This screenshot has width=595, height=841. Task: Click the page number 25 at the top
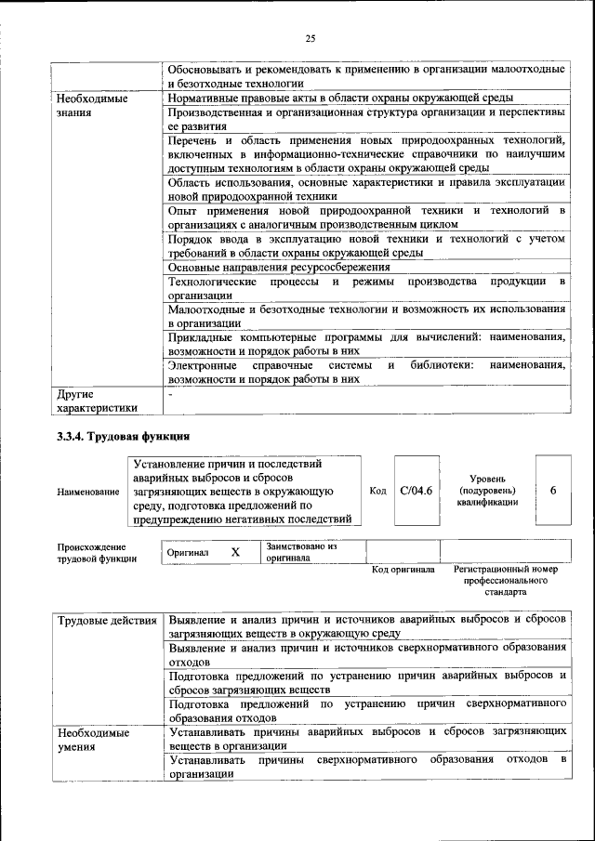pos(311,38)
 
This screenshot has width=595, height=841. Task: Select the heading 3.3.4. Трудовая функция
pos(124,435)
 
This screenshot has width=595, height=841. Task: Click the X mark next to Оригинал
pos(235,552)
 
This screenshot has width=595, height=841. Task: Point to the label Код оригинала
pos(403,569)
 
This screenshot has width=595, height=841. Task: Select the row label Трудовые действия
pos(106,620)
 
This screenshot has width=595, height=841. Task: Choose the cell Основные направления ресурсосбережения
pos(279,267)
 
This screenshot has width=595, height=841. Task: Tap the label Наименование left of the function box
pos(87,491)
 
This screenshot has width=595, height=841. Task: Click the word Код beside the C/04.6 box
pos(378,491)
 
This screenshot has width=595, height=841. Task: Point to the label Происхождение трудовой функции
pos(97,553)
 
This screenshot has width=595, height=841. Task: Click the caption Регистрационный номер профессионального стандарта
pos(506,579)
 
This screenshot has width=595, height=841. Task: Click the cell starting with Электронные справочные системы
pos(366,372)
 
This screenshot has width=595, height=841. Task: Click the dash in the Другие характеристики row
pos(170,394)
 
